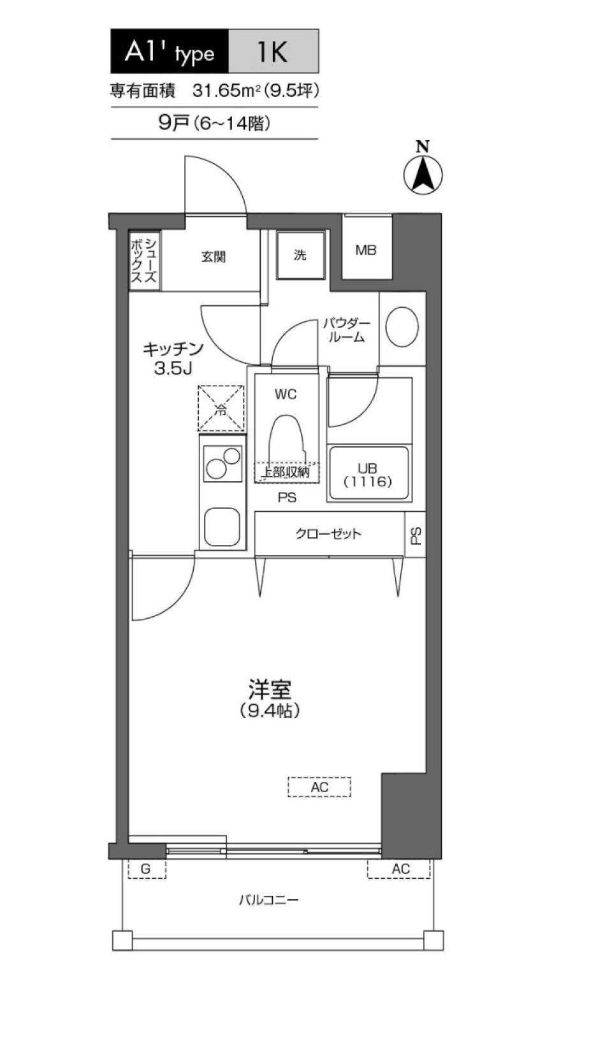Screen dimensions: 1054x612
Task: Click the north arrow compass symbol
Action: tap(423, 173)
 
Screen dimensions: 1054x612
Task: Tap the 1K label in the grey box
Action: tap(273, 52)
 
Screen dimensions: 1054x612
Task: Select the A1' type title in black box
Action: tap(169, 52)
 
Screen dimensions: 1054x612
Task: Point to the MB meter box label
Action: tap(366, 250)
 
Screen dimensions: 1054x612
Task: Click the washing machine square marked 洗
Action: tap(300, 255)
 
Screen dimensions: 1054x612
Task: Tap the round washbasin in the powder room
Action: tap(402, 327)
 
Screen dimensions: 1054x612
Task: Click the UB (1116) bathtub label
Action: tap(368, 475)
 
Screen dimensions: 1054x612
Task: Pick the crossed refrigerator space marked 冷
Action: tap(221, 408)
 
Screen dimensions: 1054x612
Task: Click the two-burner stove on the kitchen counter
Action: tap(222, 463)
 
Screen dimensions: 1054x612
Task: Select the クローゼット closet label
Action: tap(328, 534)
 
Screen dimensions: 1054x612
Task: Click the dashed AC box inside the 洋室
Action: tap(319, 787)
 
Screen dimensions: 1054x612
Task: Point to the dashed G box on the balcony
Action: tap(146, 869)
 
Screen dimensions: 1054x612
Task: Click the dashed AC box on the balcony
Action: tap(400, 869)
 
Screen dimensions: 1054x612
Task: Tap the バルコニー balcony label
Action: tap(268, 900)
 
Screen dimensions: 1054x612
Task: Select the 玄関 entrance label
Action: tap(213, 257)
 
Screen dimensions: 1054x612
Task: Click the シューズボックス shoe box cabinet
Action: tap(143, 260)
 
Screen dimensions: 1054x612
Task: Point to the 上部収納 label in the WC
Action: tap(286, 472)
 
